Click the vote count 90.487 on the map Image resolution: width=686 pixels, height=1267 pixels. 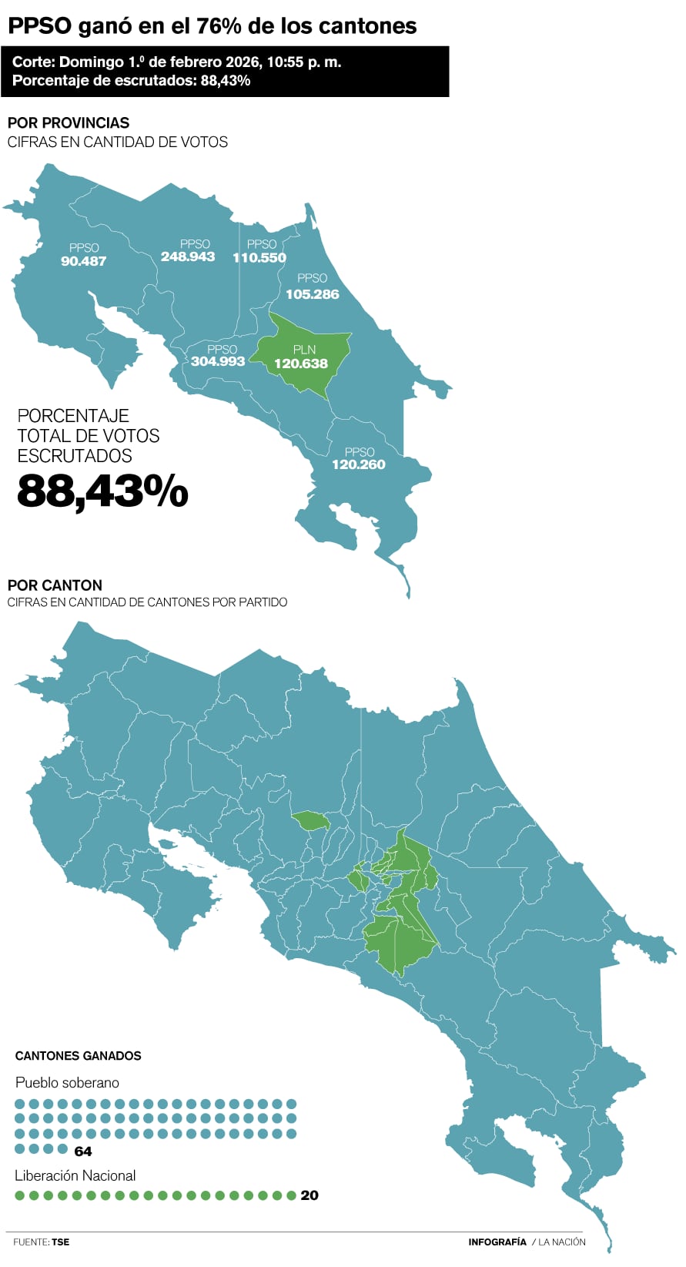coord(83,261)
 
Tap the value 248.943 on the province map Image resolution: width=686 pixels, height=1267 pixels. coord(188,256)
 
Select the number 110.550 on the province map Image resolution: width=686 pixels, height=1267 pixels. coord(259,258)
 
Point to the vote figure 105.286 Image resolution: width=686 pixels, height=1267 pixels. coord(312,294)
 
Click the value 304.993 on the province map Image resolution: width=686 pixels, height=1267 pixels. coord(218,361)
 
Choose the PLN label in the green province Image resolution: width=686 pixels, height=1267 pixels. coord(304,350)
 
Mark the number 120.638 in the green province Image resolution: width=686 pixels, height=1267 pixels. coord(301,364)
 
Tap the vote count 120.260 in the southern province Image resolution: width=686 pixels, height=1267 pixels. coord(359,464)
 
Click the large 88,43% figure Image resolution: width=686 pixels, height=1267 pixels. coord(102,491)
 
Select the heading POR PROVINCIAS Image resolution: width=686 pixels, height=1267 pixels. coord(69,122)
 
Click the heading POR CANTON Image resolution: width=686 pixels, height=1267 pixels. coord(55,585)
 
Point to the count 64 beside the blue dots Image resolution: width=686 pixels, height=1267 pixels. coord(83,1151)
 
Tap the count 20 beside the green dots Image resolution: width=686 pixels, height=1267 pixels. coord(310,1195)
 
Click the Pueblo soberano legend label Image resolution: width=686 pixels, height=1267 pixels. coord(67,1083)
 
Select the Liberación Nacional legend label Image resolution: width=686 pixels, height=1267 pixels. coord(75,1175)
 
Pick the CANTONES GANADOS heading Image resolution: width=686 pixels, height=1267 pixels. coord(79,1056)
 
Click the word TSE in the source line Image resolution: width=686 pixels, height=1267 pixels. coord(61,1242)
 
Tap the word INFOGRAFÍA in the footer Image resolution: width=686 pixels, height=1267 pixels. coord(497,1242)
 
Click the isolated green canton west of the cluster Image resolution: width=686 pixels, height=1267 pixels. coord(310,820)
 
